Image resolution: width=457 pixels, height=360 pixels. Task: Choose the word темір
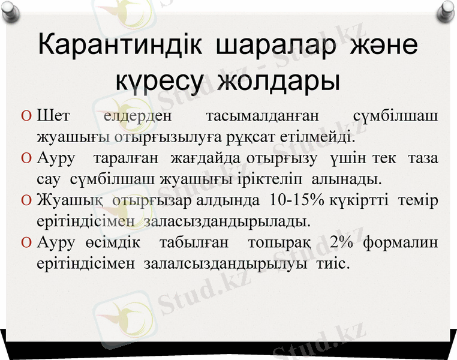[418, 199]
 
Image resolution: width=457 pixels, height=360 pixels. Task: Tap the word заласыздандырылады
[227, 221]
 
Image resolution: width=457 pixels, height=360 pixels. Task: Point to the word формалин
[401, 242]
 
